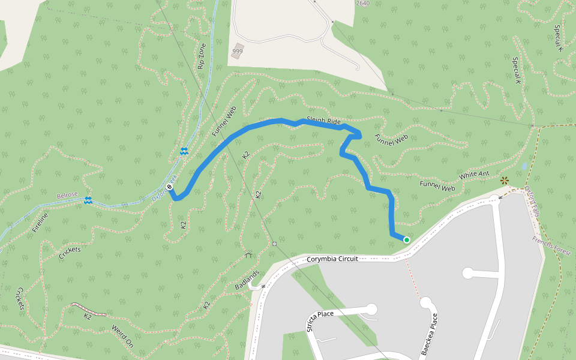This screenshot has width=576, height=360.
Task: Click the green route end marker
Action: (x=407, y=240)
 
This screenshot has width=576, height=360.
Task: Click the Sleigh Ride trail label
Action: (x=323, y=121)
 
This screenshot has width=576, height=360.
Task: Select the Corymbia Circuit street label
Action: (x=332, y=259)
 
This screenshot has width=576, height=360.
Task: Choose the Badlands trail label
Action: (x=247, y=280)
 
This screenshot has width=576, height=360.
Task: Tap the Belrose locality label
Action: (x=67, y=196)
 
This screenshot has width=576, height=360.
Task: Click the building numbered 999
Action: (x=238, y=51)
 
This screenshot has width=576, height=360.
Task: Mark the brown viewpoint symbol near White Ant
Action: (x=504, y=180)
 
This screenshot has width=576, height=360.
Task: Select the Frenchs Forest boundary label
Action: (x=551, y=245)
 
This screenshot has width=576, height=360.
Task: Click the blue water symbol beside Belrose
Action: (x=88, y=200)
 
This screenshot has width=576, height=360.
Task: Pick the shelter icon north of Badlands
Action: (x=249, y=254)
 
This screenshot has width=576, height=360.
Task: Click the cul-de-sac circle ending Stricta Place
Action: (x=371, y=309)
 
